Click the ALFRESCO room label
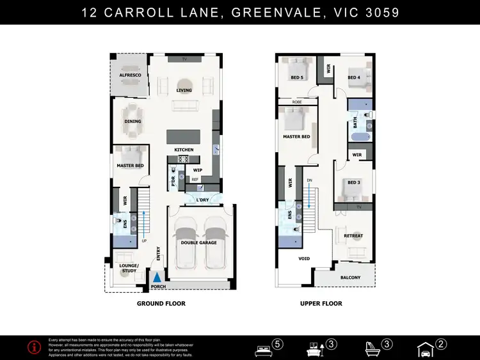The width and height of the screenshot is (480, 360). click(x=130, y=75)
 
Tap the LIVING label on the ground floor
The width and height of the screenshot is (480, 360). click(x=184, y=90)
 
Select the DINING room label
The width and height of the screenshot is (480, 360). click(x=132, y=121)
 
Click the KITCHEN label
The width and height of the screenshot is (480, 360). click(x=184, y=150)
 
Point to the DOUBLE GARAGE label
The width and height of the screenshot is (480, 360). click(x=199, y=243)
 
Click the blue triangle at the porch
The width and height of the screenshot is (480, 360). click(x=157, y=278)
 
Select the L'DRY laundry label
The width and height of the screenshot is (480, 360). click(x=202, y=200)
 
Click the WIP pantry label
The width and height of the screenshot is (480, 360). click(x=198, y=170)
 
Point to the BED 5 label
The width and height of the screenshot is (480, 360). click(x=297, y=77)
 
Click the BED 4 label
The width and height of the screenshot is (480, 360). click(x=354, y=77)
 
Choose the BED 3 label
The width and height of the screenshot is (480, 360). click(x=354, y=183)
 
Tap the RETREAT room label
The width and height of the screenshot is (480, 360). click(x=353, y=236)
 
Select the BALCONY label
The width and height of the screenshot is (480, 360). click(x=350, y=278)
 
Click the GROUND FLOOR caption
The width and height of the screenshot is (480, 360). click(x=161, y=304)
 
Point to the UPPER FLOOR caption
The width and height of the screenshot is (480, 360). click(x=321, y=304)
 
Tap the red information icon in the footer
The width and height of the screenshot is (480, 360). click(x=35, y=347)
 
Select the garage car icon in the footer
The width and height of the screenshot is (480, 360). click(x=424, y=348)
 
